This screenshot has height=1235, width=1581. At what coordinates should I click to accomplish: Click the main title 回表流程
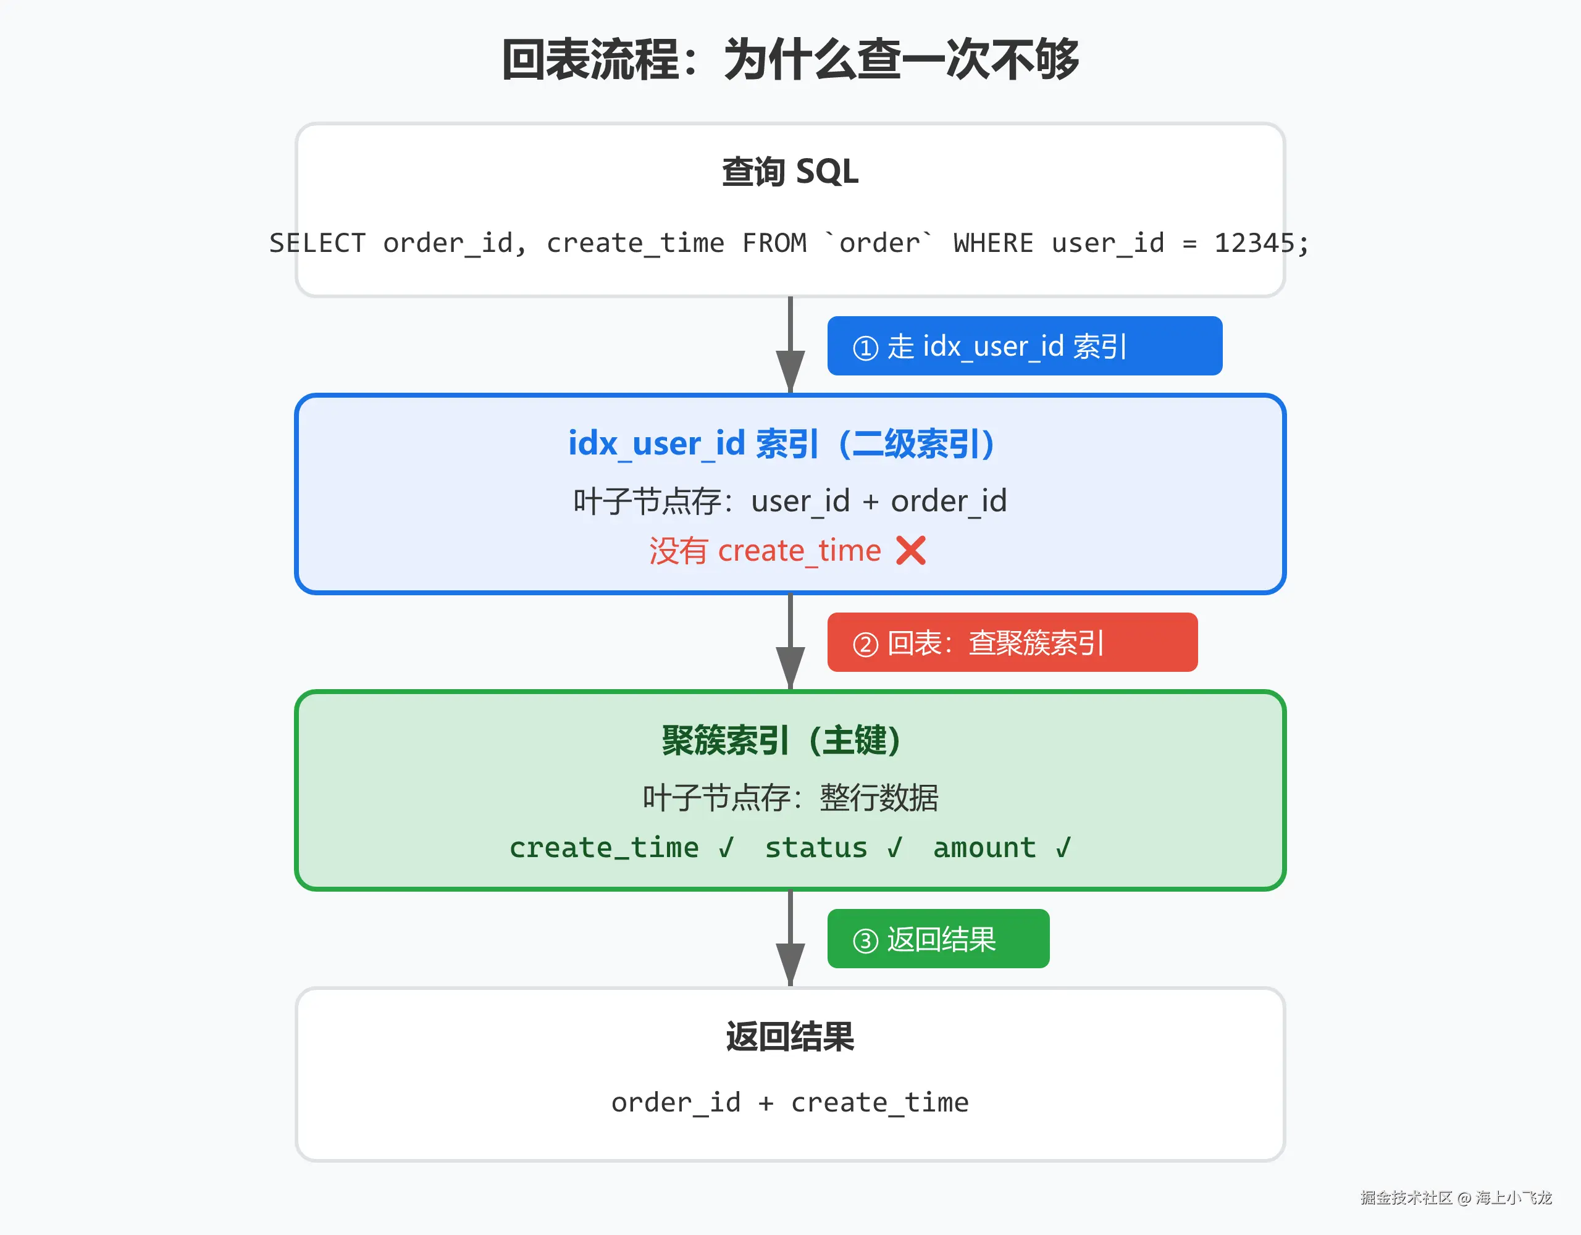tap(590, 59)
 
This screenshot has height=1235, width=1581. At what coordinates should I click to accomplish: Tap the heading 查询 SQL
tap(790, 172)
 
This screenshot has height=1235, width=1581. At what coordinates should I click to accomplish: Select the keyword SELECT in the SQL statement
tap(317, 243)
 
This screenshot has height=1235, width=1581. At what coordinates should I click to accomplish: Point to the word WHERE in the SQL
tap(993, 243)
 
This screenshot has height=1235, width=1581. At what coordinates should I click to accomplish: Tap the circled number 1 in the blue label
tap(865, 348)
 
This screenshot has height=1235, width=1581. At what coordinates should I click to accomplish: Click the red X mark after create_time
tap(911, 550)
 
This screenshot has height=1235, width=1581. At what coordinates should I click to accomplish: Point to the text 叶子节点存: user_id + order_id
tap(790, 501)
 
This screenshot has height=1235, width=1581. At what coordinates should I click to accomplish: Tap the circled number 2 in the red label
tap(865, 643)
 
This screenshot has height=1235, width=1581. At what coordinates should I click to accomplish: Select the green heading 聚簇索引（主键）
tap(782, 740)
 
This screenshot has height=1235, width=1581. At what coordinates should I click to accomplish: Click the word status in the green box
tap(816, 848)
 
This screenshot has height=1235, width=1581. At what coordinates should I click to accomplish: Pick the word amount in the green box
tap(984, 848)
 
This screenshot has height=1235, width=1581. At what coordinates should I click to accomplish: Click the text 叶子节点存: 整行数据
tap(790, 798)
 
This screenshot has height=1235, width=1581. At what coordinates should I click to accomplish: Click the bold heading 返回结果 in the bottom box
tap(790, 1037)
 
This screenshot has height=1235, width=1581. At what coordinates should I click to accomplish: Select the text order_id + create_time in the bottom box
tap(790, 1102)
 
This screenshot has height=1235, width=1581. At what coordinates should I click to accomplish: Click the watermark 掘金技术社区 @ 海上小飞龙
tap(1456, 1197)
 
